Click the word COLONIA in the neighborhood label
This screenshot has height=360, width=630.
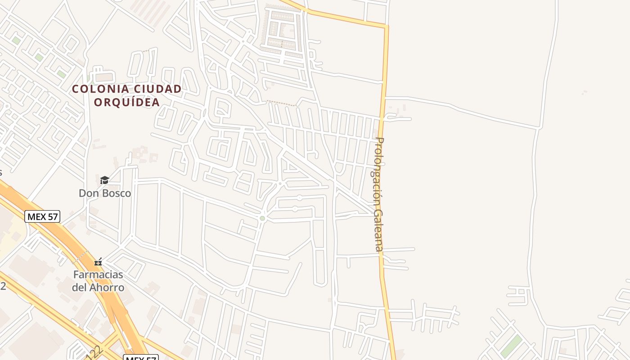click(97, 89)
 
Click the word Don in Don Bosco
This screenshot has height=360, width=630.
click(88, 193)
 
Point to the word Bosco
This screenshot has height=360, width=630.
click(115, 193)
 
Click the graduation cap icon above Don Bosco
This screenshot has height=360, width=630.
click(104, 180)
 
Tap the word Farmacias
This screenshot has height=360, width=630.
click(99, 274)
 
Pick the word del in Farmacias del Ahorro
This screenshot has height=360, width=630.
click(79, 287)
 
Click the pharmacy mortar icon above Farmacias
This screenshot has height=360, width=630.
click(98, 262)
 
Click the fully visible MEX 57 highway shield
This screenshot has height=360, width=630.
click(42, 216)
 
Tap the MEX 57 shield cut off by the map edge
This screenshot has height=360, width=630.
click(140, 358)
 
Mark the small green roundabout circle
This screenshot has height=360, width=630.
click(262, 218)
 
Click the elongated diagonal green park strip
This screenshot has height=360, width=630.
click(511, 346)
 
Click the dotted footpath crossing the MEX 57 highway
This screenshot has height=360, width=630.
click(81, 256)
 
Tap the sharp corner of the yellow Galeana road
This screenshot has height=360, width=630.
click(386, 27)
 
